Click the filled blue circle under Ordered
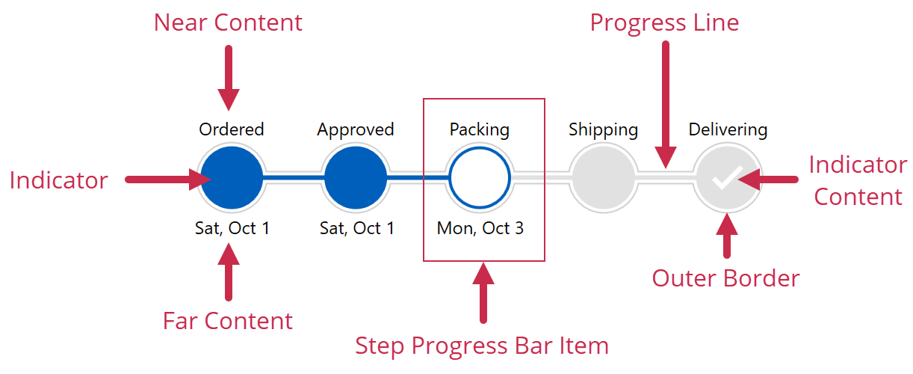click(x=231, y=179)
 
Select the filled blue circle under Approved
click(x=355, y=179)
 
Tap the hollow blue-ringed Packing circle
click(x=479, y=179)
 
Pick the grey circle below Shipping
click(x=603, y=179)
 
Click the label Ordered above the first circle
click(x=231, y=129)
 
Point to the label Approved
click(x=355, y=130)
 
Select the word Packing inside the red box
click(x=479, y=130)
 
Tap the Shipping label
click(x=603, y=130)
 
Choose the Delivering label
click(x=727, y=130)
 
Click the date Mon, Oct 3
click(x=480, y=228)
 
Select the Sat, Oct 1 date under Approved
click(x=356, y=228)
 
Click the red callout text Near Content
click(x=228, y=22)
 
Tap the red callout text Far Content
click(x=228, y=321)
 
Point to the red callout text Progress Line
click(x=664, y=22)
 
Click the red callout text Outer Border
click(x=725, y=278)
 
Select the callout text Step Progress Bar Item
click(x=482, y=346)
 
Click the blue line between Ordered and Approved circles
click(x=293, y=179)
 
